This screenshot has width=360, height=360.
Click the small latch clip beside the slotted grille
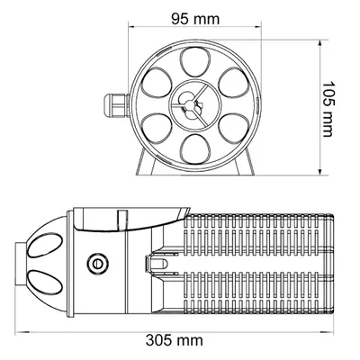[157, 263]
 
